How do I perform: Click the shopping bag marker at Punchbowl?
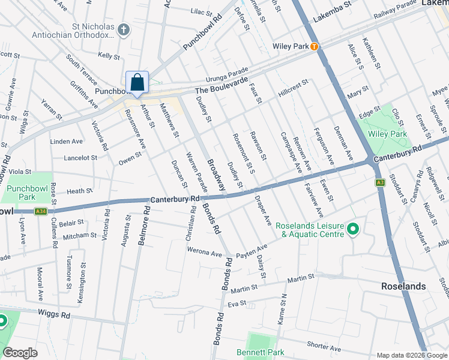[x=137, y=83]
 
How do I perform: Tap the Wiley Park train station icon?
[x=313, y=46]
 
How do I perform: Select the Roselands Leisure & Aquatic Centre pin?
[x=353, y=229]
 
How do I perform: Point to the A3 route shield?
[x=380, y=182]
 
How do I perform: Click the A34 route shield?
[x=40, y=211]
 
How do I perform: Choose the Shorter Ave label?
[x=324, y=349]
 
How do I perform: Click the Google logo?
[x=20, y=353]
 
